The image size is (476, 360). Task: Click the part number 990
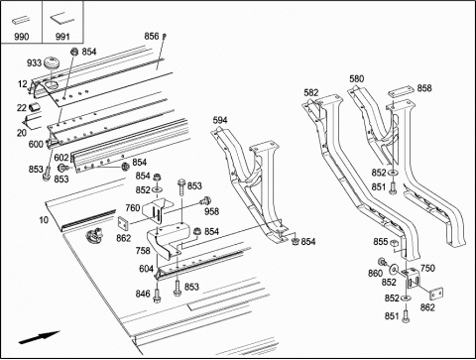click(x=22, y=37)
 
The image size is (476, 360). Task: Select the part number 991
click(x=62, y=37)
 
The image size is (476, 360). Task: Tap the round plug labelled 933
click(x=52, y=62)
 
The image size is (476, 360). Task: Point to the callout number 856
click(x=152, y=36)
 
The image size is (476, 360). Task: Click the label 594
click(x=220, y=120)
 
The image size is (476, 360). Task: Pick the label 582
click(x=311, y=93)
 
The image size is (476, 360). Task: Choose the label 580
click(x=357, y=78)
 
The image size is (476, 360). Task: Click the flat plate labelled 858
click(x=401, y=92)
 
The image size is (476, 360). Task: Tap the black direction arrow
click(x=39, y=338)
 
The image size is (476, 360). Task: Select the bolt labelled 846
click(x=157, y=295)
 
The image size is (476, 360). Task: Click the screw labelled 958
click(x=205, y=200)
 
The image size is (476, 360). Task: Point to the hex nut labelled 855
click(x=394, y=243)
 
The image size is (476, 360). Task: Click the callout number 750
click(x=427, y=268)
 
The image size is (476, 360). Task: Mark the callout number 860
click(x=375, y=274)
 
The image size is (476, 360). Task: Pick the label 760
click(x=133, y=208)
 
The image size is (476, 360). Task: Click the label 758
click(x=143, y=251)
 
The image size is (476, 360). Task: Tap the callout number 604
click(x=146, y=269)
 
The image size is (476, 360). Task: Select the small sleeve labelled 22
click(x=35, y=107)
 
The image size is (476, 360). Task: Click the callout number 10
click(x=44, y=220)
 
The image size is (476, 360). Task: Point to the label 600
click(x=36, y=144)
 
